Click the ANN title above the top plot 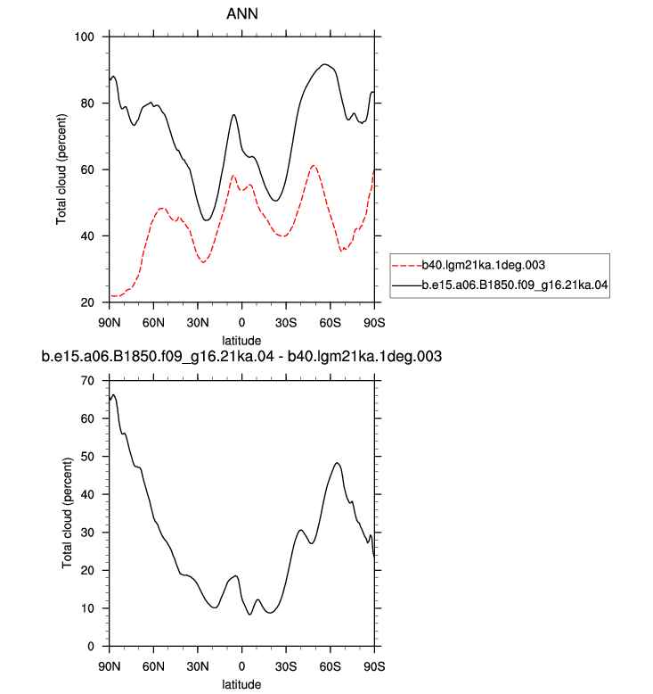pos(241,13)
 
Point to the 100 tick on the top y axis pos(84,37)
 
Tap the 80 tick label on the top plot pos(87,103)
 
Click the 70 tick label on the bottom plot pos(87,381)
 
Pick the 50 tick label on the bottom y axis pos(87,457)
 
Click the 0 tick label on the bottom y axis pos(91,646)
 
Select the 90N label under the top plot pos(110,323)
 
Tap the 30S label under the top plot pos(286,323)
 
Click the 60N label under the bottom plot pos(153,666)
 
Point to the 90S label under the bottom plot pos(374,666)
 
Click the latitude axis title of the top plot pos(241,341)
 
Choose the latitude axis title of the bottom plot pos(241,684)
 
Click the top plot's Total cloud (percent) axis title pos(61,169)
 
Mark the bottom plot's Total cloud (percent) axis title pos(67,514)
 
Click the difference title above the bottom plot pos(241,356)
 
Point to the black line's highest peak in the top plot pos(324,64)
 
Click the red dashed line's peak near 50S pos(314,166)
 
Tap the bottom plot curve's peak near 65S pos(337,463)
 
